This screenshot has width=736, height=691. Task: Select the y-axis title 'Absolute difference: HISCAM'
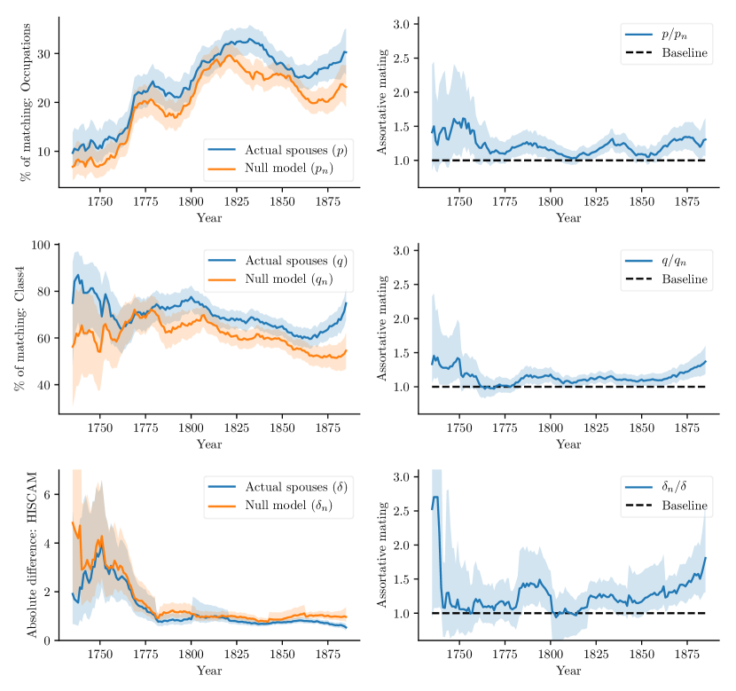(32, 554)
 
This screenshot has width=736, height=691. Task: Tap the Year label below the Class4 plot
(209, 444)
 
